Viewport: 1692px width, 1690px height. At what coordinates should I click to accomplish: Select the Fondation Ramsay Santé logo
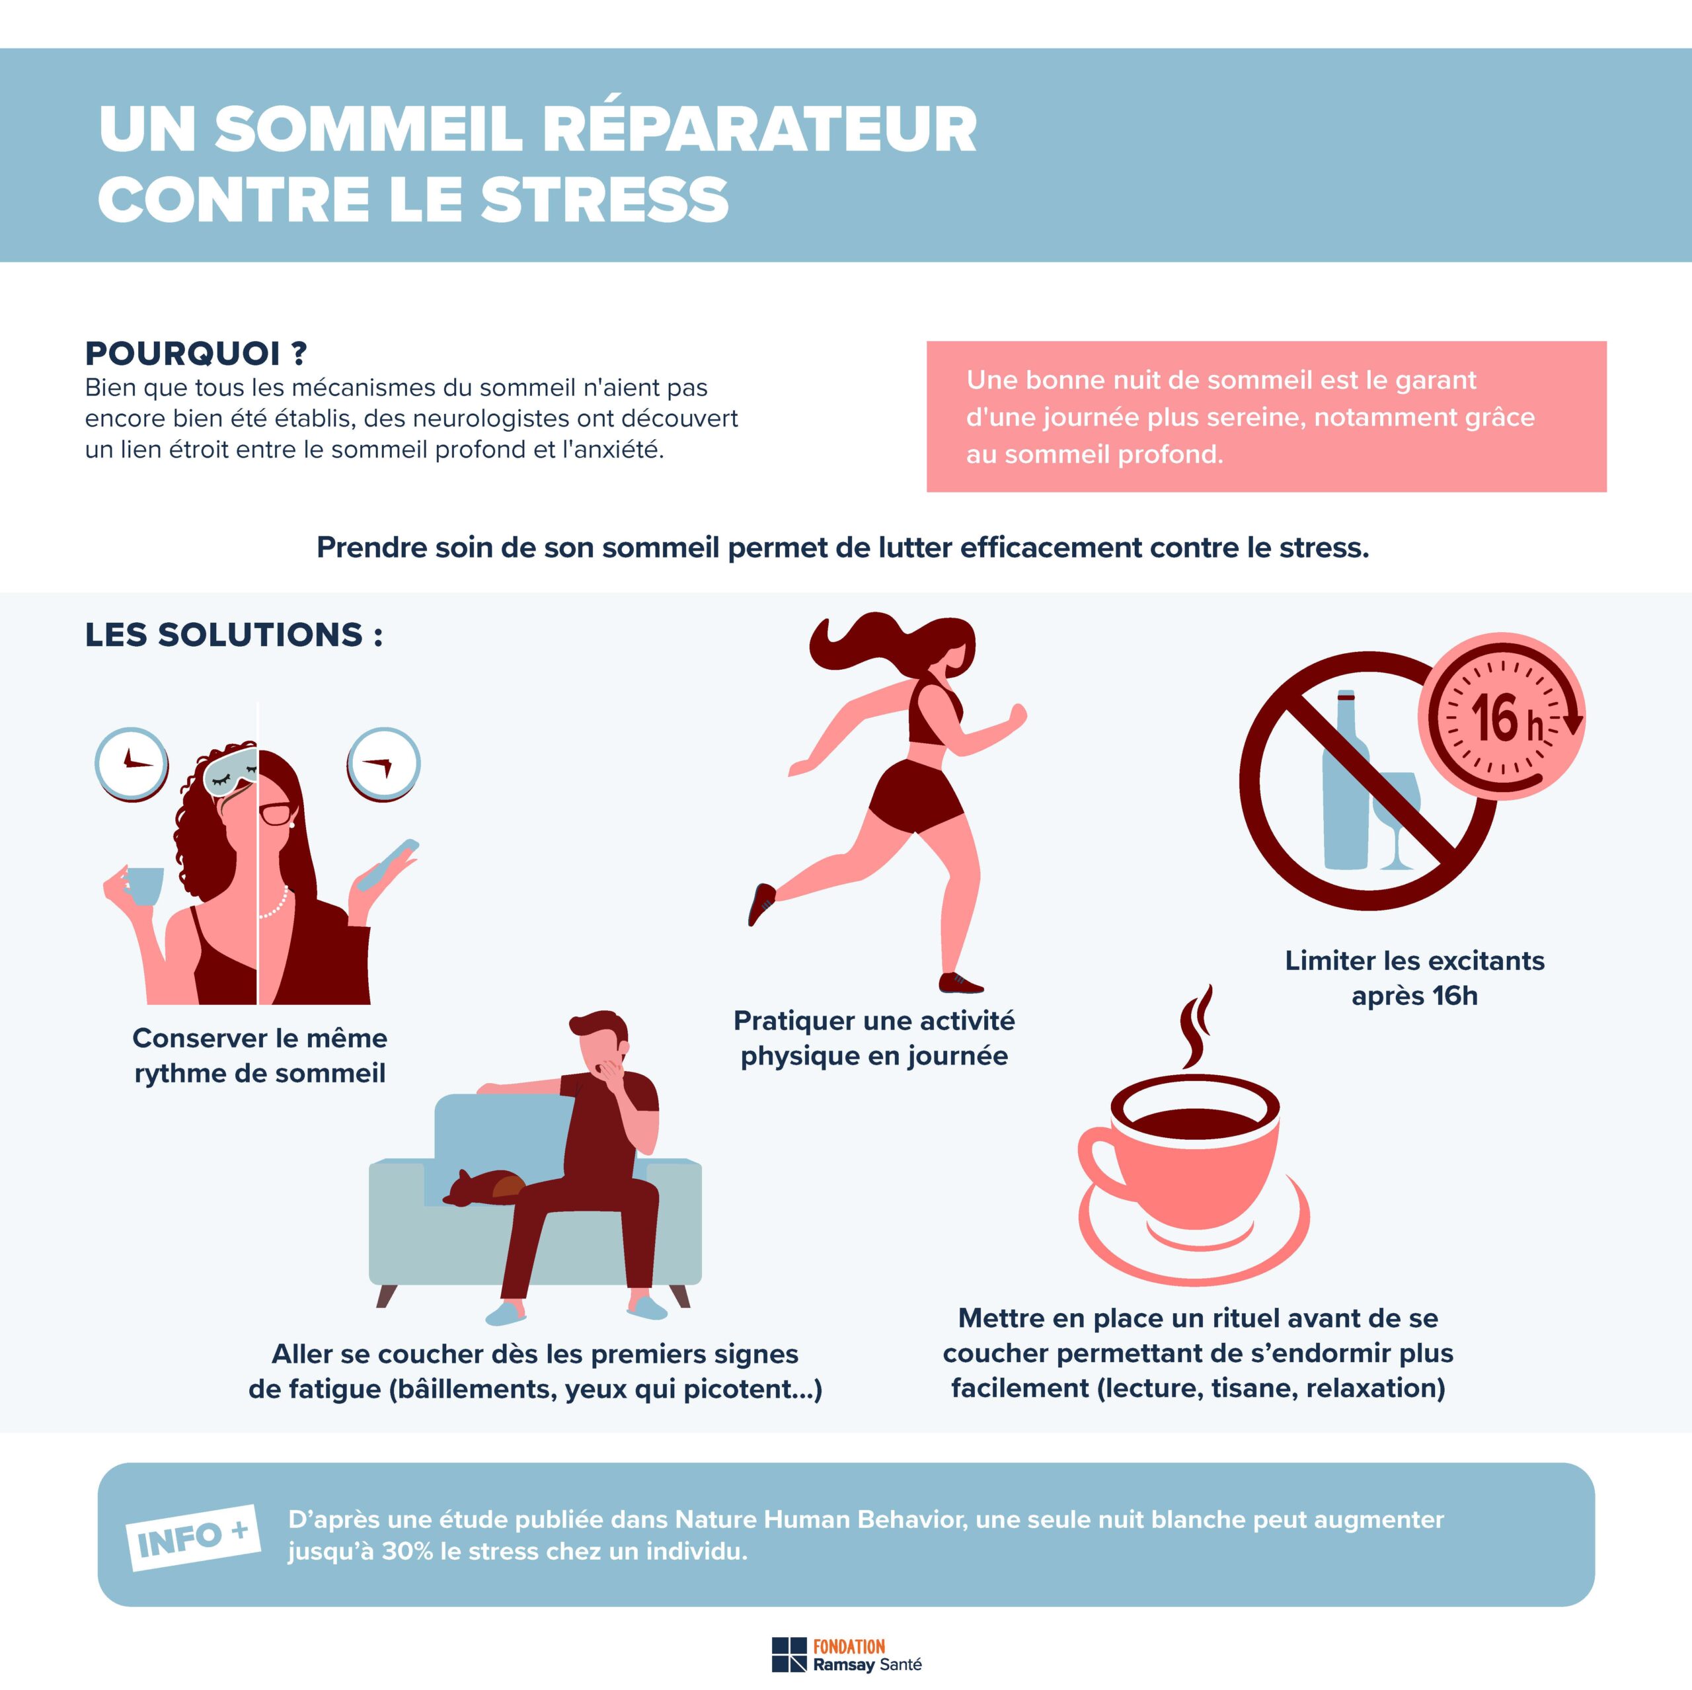click(x=846, y=1655)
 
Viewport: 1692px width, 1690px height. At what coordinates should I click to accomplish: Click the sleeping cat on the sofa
click(x=483, y=1187)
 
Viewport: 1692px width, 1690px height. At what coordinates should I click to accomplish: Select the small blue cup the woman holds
click(x=143, y=886)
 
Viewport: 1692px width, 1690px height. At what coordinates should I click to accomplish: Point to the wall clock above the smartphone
click(x=383, y=764)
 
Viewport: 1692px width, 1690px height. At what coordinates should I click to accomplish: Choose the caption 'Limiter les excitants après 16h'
click(x=1414, y=978)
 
